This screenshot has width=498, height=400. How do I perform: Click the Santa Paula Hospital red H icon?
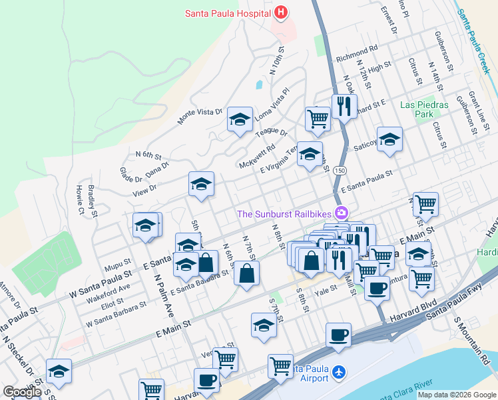[x=281, y=12]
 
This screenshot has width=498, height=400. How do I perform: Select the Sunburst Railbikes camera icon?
[x=342, y=213]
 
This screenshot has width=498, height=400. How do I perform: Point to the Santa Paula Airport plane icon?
[x=340, y=371]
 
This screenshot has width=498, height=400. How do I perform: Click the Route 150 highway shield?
[x=340, y=171]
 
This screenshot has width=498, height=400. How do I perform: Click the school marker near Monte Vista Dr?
[x=240, y=119]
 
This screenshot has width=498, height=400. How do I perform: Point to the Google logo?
[x=22, y=392]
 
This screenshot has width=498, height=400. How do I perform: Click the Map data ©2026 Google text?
[x=457, y=395]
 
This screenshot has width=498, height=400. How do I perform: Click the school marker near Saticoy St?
[x=389, y=139]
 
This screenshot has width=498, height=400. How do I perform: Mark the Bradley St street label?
[x=91, y=201]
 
